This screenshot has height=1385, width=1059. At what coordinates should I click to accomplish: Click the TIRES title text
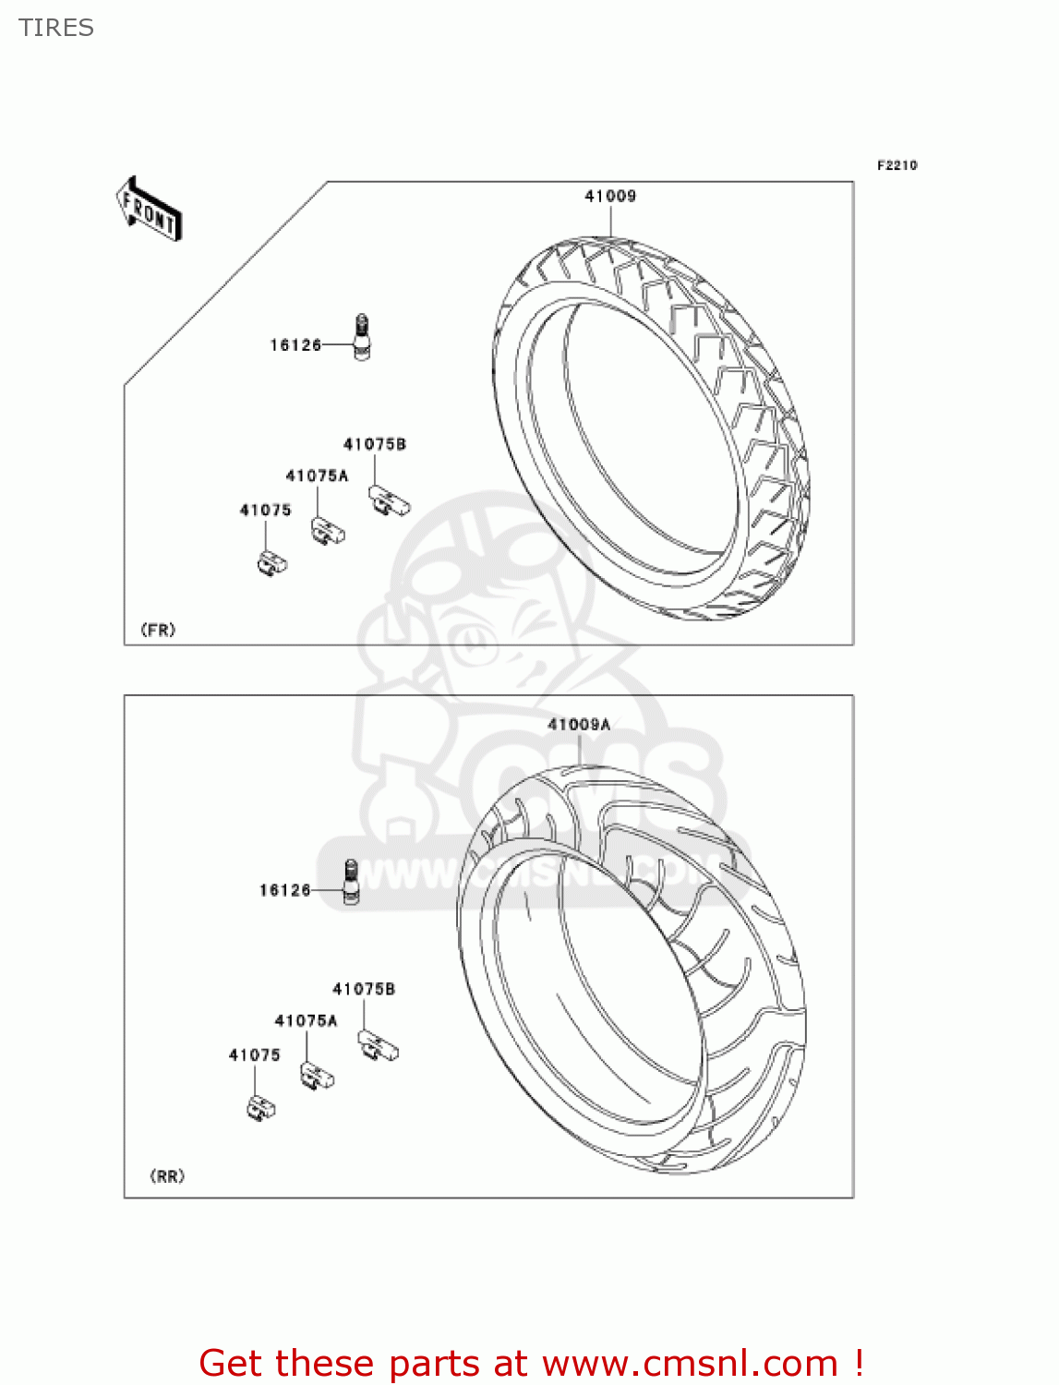(56, 28)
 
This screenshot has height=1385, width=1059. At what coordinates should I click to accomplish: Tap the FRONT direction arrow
(149, 210)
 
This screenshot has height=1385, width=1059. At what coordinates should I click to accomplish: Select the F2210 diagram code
(897, 165)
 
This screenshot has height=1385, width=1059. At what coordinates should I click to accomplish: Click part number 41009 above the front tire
(610, 196)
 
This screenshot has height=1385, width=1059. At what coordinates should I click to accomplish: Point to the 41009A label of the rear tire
(579, 725)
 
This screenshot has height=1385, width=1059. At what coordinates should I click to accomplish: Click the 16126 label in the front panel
(295, 345)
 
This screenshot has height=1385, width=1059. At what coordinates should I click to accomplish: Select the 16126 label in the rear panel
(284, 890)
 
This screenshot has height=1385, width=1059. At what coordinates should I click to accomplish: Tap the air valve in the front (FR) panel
(362, 337)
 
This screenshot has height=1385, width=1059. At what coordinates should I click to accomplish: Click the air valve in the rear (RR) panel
(351, 882)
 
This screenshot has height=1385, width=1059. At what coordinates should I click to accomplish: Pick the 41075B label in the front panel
(375, 444)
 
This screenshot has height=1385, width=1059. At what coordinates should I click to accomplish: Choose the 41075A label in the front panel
(317, 476)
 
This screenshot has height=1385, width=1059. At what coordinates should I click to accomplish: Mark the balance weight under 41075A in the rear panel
(317, 1076)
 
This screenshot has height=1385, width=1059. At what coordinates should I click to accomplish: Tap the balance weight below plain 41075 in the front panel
(272, 562)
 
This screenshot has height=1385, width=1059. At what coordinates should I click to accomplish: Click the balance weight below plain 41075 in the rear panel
(261, 1107)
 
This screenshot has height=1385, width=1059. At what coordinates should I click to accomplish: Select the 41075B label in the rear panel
(364, 989)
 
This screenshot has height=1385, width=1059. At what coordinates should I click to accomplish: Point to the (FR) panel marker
(158, 630)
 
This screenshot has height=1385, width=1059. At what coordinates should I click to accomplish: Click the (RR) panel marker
(167, 1176)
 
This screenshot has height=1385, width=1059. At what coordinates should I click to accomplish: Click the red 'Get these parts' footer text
(531, 1363)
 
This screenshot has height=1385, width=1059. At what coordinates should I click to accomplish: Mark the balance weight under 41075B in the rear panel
(379, 1046)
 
